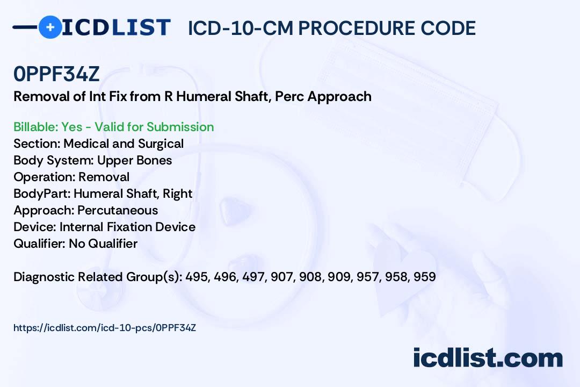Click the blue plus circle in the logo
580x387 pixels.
click(x=50, y=27)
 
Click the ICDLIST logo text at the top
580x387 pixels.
click(x=116, y=27)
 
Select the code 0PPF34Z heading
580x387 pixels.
click(x=56, y=74)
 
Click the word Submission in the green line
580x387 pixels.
click(x=180, y=127)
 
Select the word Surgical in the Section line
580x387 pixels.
click(x=160, y=144)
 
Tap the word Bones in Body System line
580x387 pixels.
click(x=155, y=160)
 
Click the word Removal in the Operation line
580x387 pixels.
click(x=104, y=177)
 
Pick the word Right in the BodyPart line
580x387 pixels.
click(x=177, y=193)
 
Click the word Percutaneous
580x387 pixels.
click(x=118, y=210)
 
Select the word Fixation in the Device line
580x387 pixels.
click(x=128, y=227)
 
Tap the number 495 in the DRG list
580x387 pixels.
click(x=211, y=277)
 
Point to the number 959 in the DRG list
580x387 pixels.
click(x=424, y=277)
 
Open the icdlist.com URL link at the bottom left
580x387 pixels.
click(x=105, y=327)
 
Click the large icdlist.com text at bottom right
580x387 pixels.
click(x=488, y=357)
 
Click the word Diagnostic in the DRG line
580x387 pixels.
click(x=44, y=277)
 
